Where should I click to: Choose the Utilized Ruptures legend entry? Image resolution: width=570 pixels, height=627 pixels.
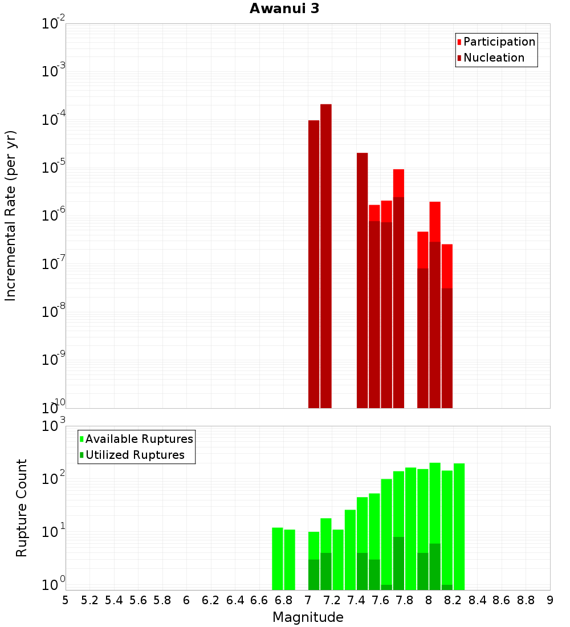click(135, 455)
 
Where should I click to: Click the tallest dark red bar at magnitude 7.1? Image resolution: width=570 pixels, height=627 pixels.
click(326, 256)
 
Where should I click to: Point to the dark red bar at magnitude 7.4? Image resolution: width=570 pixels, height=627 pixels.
click(362, 280)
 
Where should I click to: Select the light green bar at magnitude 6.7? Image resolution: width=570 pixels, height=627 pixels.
click(278, 559)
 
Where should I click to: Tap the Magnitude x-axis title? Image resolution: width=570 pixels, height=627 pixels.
click(308, 617)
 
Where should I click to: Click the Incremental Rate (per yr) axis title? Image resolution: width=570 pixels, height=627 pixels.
click(11, 215)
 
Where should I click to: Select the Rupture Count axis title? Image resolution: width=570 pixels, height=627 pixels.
click(22, 507)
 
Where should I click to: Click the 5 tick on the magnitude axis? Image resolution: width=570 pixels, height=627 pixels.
click(66, 600)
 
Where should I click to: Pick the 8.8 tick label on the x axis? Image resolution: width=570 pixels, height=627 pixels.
click(526, 600)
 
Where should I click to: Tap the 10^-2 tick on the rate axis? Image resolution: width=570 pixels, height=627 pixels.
click(54, 24)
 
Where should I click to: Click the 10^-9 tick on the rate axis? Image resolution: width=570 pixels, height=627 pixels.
click(54, 360)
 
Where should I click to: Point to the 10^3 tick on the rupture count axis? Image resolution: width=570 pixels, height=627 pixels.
click(54, 426)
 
